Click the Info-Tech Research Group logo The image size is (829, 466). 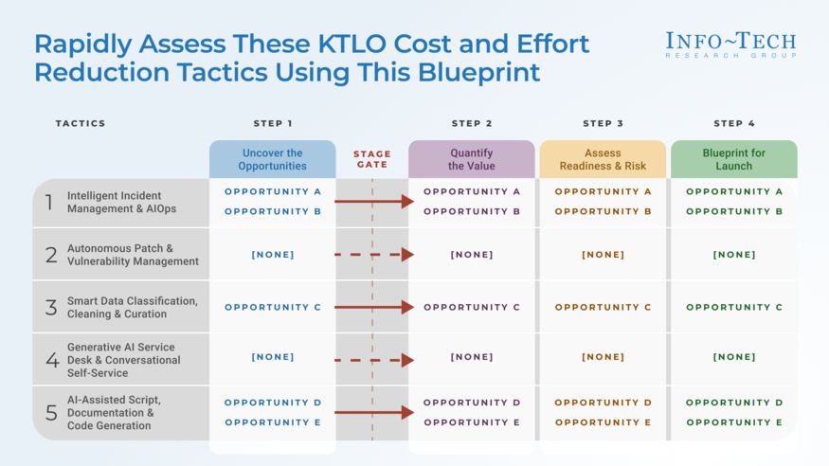pyautogui.click(x=730, y=45)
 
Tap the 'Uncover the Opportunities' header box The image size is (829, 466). pyautogui.click(x=272, y=159)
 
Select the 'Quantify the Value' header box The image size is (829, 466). pyautogui.click(x=471, y=159)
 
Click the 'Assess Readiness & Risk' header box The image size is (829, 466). pyautogui.click(x=603, y=159)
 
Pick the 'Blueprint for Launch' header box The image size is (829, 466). pyautogui.click(x=734, y=159)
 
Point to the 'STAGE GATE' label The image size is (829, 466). pyautogui.click(x=372, y=159)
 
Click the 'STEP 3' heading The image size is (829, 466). pyautogui.click(x=604, y=123)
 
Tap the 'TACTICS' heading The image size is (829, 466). pyautogui.click(x=81, y=123)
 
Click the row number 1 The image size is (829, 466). pyautogui.click(x=49, y=203)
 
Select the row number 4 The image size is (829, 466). pyautogui.click(x=52, y=360)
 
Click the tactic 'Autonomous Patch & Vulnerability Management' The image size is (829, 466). pyautogui.click(x=133, y=255)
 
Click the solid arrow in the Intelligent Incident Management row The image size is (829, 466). pyautogui.click(x=374, y=202)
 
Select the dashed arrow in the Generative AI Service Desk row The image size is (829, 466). pyautogui.click(x=374, y=360)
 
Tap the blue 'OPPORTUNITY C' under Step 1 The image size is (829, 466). pyautogui.click(x=273, y=307)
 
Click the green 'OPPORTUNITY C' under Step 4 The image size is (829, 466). pyautogui.click(x=734, y=307)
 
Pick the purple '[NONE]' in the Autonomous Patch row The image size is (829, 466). pyautogui.click(x=472, y=255)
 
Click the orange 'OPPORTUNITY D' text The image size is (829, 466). pyautogui.click(x=604, y=403)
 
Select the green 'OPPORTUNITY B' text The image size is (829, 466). pyautogui.click(x=734, y=211)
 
